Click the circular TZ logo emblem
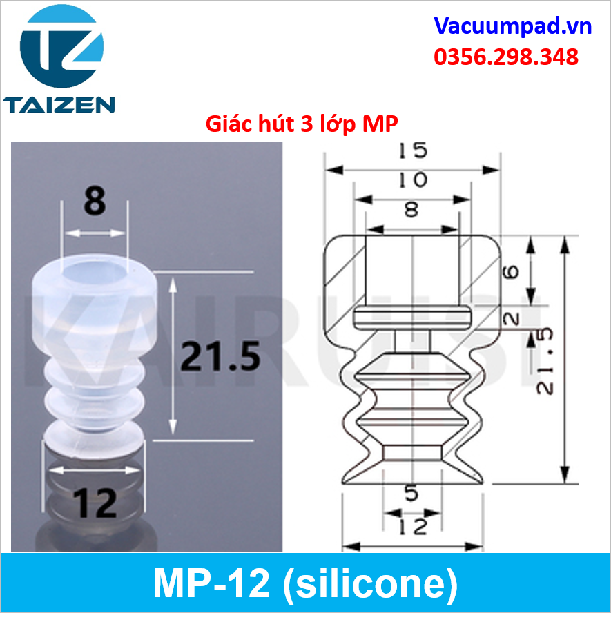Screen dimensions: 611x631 (x=61, y=46)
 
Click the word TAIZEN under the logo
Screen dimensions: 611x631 (x=59, y=105)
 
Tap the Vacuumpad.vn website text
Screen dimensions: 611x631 (x=512, y=26)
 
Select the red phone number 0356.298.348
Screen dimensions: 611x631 (x=506, y=57)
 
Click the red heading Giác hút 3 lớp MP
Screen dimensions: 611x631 (x=302, y=124)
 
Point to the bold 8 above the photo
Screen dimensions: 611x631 (x=95, y=200)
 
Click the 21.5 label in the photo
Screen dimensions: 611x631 (x=220, y=356)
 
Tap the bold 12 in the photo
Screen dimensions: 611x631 (x=95, y=503)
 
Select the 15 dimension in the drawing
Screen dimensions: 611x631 (x=413, y=150)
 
